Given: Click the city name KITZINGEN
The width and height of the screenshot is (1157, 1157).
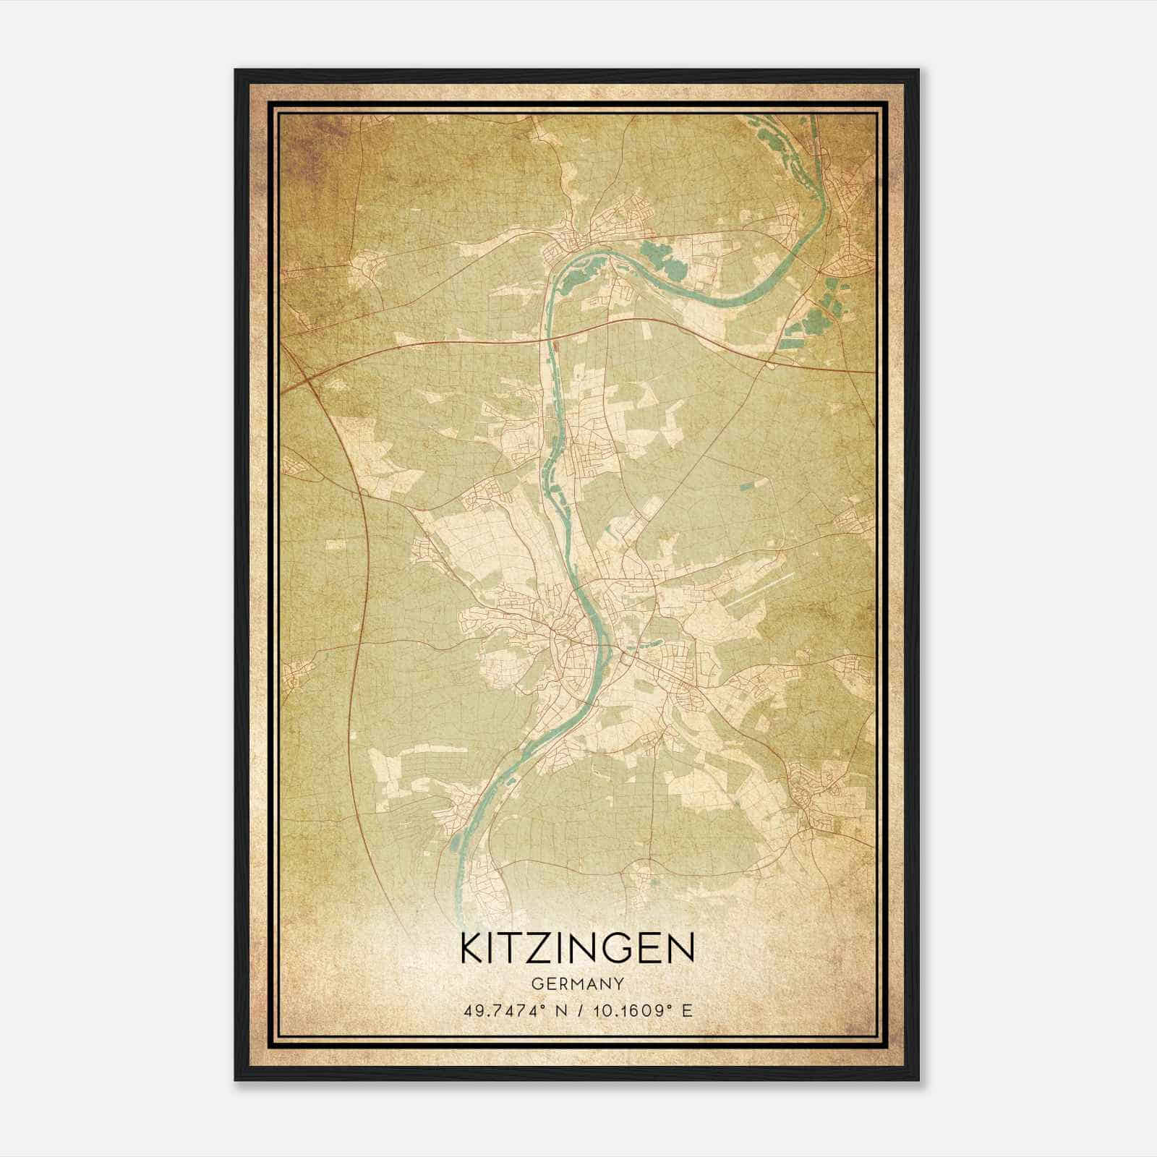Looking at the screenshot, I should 576,948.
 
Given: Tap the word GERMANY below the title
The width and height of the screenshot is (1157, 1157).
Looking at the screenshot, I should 576,983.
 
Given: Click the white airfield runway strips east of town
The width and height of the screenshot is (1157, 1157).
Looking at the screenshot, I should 759,589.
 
